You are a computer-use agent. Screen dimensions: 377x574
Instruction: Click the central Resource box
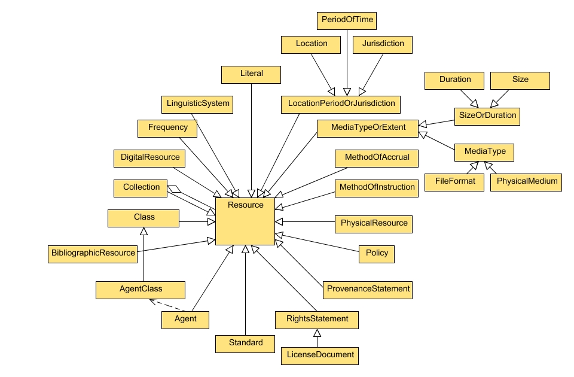pyautogui.click(x=245, y=221)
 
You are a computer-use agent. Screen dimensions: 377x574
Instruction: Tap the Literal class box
pyautogui.click(x=251, y=74)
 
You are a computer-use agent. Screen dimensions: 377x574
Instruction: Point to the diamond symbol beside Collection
pyautogui.click(x=174, y=189)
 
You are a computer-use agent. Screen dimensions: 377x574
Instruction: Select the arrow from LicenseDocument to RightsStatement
pyautogui.click(x=317, y=338)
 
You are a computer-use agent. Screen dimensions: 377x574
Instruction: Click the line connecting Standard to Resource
pyautogui.click(x=245, y=293)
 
